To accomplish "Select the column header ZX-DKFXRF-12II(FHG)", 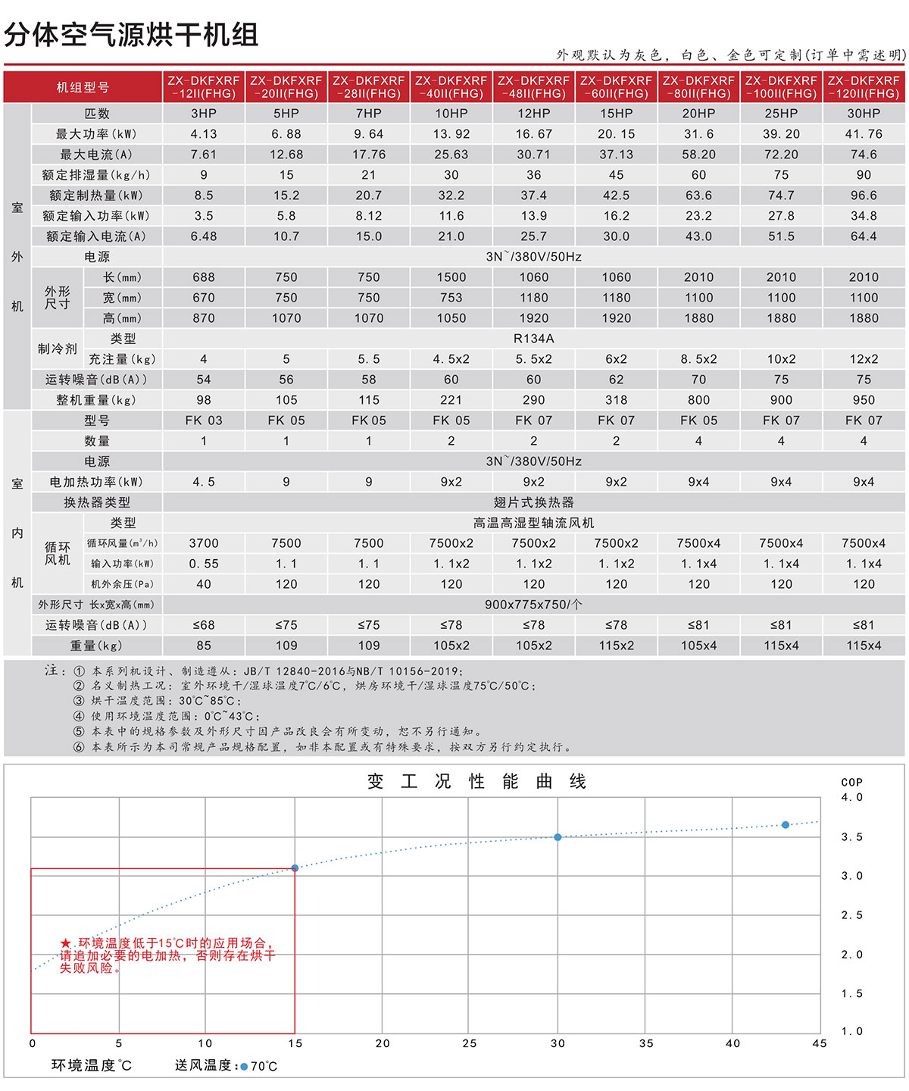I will (204, 87).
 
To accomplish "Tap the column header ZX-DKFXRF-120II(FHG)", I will (864, 87).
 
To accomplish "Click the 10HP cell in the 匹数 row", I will (451, 114).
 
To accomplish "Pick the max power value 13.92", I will (451, 134).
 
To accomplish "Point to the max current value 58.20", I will (698, 155).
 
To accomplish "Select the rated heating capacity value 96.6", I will (864, 195).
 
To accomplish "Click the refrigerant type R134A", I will (533, 339).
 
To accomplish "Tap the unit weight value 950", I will (864, 400).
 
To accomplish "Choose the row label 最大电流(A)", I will (96, 155).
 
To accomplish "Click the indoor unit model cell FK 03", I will (204, 420).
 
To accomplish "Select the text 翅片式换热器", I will (533, 502).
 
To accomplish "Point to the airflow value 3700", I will (204, 543).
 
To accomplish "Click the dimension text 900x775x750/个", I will (533, 605).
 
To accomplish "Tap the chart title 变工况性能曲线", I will (476, 782).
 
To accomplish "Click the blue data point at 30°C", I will (558, 837).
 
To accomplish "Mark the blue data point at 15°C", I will (295, 868).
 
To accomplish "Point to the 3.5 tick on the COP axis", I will (851, 837).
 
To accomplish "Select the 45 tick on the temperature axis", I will (820, 1044).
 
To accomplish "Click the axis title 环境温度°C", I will (92, 1066).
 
